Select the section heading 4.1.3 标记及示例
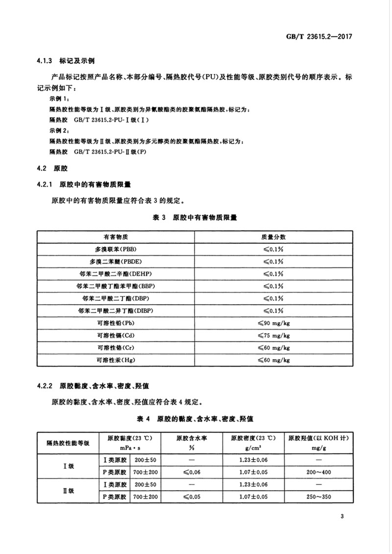tap(65, 62)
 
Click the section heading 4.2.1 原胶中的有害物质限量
tap(86, 185)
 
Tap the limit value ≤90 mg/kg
tap(273, 323)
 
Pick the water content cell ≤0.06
tap(192, 472)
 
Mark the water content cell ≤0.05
tap(192, 497)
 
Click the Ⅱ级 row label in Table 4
tap(68, 491)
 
